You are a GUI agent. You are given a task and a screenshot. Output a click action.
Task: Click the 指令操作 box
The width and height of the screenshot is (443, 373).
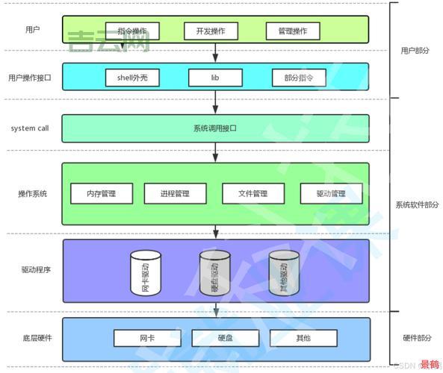[x=132, y=31]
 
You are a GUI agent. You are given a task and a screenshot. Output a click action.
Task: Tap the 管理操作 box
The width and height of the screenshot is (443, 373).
[x=292, y=31]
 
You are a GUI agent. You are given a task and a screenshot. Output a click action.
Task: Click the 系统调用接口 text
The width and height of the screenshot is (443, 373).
[x=214, y=128]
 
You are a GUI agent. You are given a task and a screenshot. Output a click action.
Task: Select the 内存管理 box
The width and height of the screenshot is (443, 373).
[x=102, y=194]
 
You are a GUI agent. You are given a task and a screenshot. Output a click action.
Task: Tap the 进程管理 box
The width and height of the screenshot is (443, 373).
[x=175, y=194]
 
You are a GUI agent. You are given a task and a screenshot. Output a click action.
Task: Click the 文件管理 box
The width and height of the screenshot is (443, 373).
[x=253, y=194]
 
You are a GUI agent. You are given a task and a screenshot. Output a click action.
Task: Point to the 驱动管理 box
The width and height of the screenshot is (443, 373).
[x=331, y=194]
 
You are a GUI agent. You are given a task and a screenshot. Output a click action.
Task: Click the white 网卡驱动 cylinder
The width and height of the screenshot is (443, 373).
[x=145, y=274]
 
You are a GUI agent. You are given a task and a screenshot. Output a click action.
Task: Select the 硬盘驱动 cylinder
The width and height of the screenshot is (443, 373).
[x=214, y=274]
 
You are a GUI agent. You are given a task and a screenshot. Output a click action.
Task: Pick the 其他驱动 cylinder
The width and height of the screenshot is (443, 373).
[x=284, y=274]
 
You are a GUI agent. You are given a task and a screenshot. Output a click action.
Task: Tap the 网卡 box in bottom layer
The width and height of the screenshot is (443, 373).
[x=146, y=338]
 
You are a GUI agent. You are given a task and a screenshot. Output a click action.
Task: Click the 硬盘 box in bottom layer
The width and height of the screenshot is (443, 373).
[x=224, y=338]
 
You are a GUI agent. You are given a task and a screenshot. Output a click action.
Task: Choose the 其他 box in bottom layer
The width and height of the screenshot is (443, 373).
[x=303, y=338]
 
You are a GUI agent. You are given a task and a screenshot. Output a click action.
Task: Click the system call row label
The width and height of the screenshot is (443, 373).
[x=30, y=128]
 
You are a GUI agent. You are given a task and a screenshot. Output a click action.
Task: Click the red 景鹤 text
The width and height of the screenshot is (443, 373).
[x=430, y=365]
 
